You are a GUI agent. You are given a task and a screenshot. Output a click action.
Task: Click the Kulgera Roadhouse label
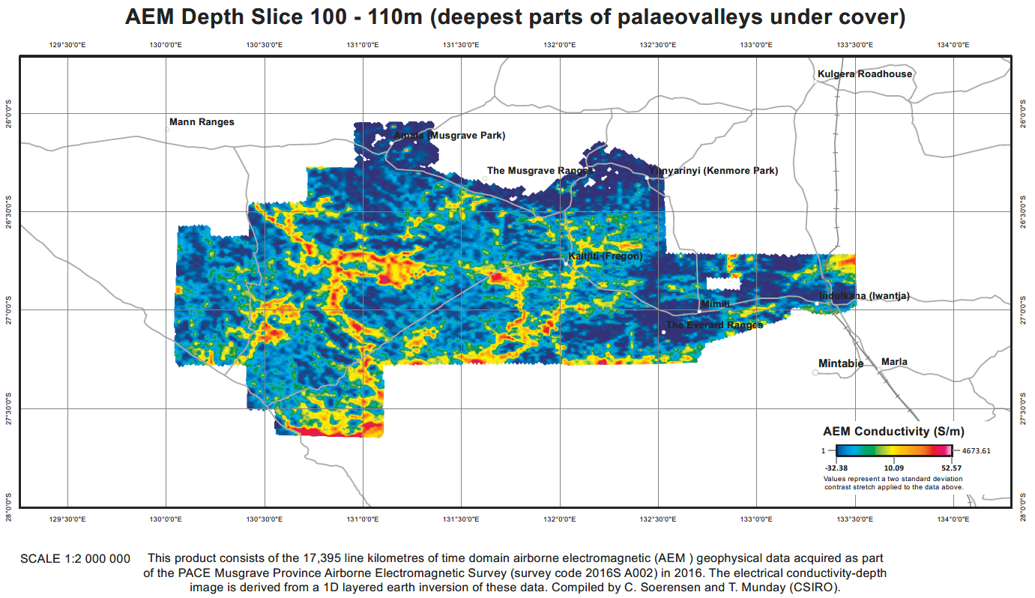click(865, 74)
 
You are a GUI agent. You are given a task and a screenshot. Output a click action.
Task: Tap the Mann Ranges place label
click(202, 122)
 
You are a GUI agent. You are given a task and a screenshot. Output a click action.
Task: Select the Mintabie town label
click(842, 364)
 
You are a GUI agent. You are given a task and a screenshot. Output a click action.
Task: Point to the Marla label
click(894, 362)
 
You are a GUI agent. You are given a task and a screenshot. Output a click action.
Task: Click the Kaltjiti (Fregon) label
click(605, 256)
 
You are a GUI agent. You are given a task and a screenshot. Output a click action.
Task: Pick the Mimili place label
click(714, 304)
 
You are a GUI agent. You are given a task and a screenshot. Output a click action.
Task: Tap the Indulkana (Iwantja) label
click(864, 296)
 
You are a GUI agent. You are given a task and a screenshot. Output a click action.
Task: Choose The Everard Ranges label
click(714, 325)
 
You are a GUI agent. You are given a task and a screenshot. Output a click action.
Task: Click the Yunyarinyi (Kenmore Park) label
click(713, 171)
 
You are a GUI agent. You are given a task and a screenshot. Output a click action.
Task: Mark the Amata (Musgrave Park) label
click(449, 136)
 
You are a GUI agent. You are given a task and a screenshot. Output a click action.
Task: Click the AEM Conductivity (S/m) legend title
click(893, 432)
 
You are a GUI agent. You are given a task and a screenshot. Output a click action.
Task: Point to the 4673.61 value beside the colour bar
click(976, 451)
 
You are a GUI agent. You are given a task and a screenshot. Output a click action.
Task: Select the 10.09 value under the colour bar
click(894, 467)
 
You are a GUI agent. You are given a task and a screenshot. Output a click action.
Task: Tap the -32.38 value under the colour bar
click(837, 467)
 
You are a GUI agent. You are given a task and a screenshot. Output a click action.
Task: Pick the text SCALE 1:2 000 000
click(75, 559)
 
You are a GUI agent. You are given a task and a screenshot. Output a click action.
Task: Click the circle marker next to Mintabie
click(815, 372)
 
